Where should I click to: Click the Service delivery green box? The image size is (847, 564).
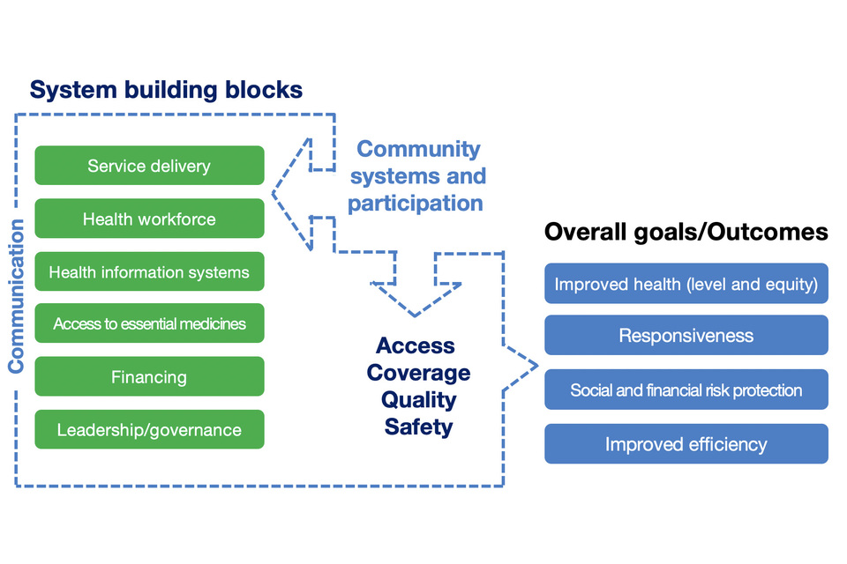[x=149, y=166]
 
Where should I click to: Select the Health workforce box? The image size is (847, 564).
[x=149, y=219]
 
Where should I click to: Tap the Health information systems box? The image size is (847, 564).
[x=149, y=271]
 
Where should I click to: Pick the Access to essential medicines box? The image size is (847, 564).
[x=149, y=323]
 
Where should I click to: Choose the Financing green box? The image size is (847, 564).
[x=149, y=376]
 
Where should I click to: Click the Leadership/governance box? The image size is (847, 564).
[x=149, y=429]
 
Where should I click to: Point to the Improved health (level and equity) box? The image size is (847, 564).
[x=686, y=284]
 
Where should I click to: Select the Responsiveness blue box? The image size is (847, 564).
[x=686, y=335]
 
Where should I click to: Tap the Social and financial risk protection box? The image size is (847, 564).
[x=686, y=390]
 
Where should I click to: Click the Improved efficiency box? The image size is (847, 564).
[x=686, y=443]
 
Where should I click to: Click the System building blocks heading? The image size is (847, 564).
[x=167, y=90]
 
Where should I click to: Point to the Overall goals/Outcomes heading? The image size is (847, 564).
[x=686, y=232]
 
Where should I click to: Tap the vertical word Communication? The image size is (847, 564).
[x=17, y=296]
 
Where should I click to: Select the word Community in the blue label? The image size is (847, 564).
[x=418, y=149]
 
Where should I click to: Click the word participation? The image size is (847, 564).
[x=415, y=203]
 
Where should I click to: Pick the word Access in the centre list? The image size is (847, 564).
[x=415, y=345]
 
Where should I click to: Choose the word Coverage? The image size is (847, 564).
[x=418, y=373]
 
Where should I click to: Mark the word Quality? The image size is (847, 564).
[x=418, y=400]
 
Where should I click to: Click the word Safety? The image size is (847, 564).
[x=418, y=427]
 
